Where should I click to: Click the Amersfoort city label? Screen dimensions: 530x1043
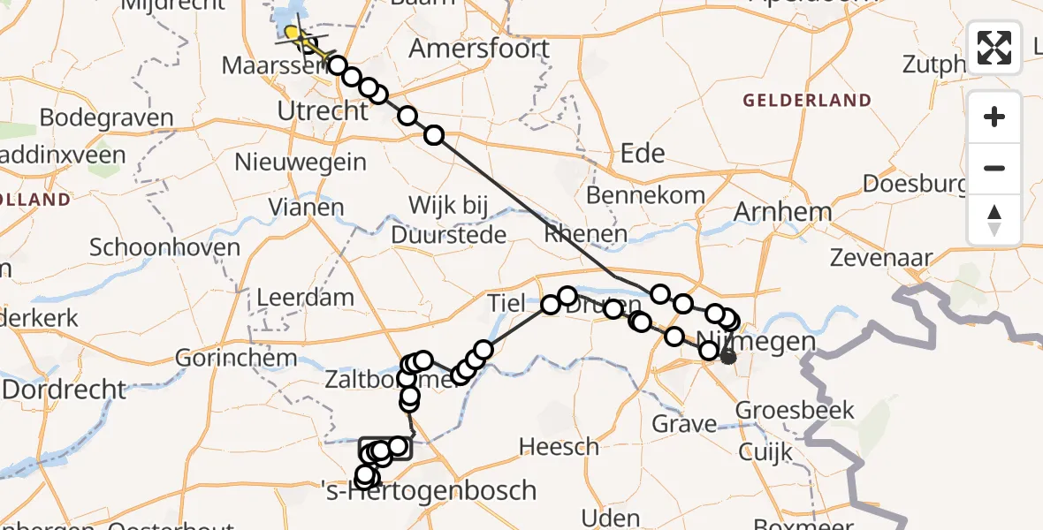click(479, 49)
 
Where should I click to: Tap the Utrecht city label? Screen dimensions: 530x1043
click(323, 111)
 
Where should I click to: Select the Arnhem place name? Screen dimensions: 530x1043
click(782, 212)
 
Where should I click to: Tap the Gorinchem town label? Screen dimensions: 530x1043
click(224, 359)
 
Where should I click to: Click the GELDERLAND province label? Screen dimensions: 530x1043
click(807, 101)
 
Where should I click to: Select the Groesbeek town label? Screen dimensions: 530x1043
click(796, 410)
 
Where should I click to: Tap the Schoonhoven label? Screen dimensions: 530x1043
click(164, 247)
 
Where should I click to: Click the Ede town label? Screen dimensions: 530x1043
click(643, 154)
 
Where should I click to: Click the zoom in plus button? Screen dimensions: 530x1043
click(994, 117)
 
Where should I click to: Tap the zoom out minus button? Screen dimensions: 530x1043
click(994, 168)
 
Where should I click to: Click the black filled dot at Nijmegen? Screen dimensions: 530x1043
click(727, 357)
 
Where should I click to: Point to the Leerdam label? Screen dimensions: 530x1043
click(305, 298)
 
